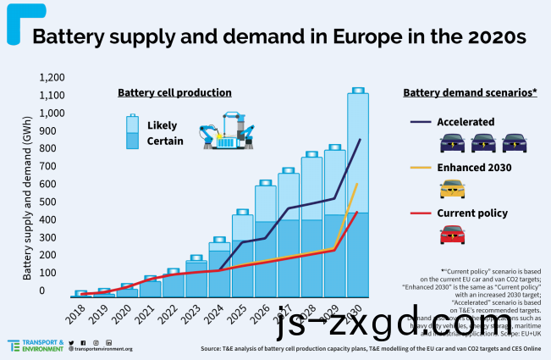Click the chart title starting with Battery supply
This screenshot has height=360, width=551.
(x=278, y=37)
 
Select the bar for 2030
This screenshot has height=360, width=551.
(x=357, y=195)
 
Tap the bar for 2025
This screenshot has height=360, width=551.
(x=242, y=254)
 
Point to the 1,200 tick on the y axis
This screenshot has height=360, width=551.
(x=52, y=77)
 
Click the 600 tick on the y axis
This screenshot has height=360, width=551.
(x=57, y=184)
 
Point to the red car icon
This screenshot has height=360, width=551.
(x=453, y=234)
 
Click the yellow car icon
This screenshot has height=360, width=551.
(x=453, y=188)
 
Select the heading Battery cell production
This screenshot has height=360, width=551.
(x=174, y=91)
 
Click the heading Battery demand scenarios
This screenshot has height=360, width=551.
(x=471, y=91)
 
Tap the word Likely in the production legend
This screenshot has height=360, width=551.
(x=162, y=125)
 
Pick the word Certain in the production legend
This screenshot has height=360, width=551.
(x=165, y=141)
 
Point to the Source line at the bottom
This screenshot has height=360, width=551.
(x=371, y=348)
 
